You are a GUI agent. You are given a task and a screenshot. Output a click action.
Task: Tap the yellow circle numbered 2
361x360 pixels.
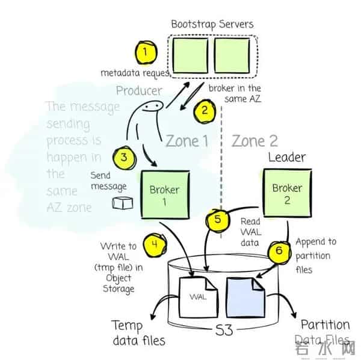coord(204,111)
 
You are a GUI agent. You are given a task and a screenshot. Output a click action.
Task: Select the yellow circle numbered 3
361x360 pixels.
coord(123,158)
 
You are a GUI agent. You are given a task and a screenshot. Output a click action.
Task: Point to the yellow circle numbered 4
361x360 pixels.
coord(155,246)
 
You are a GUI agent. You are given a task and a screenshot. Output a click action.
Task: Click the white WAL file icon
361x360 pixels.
coord(200,296)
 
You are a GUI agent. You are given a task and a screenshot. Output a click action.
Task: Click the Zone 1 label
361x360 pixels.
coord(186,141)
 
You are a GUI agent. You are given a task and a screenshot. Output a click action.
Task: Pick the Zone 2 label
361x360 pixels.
coord(255,141)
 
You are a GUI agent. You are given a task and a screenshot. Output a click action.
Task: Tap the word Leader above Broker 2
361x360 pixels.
coord(286,158)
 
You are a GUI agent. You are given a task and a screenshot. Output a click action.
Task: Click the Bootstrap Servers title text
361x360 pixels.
coord(212,24)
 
